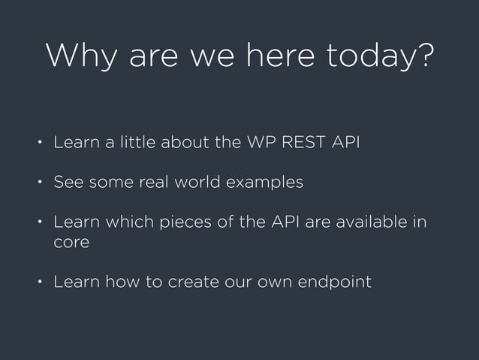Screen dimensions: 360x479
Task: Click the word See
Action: point(67,183)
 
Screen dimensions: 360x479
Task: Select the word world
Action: point(199,183)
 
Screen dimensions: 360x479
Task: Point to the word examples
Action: point(266,183)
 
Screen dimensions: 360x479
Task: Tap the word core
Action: point(71,244)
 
